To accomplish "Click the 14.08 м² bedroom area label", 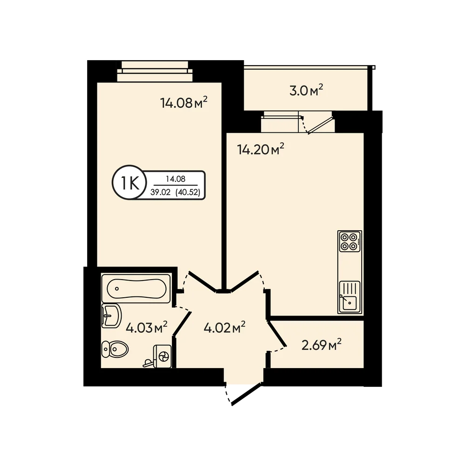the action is tap(184, 103).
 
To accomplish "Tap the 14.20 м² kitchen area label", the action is tap(260, 149).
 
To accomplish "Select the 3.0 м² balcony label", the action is tap(306, 90).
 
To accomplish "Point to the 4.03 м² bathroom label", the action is tap(146, 328).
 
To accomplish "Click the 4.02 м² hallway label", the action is tap(225, 328).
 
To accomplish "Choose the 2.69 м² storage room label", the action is tap(321, 345).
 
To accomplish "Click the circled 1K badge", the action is tap(129, 183).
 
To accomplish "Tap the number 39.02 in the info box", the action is tap(160, 192).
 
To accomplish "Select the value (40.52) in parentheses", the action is tap(188, 192).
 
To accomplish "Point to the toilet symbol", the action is tap(115, 349).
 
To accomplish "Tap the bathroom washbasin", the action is tap(111, 315).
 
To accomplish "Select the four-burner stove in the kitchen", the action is tap(349, 241).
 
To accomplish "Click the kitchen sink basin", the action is tap(349, 302).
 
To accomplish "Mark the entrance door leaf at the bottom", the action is tap(247, 394).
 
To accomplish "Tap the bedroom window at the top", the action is tap(155, 71).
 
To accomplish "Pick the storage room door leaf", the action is tap(277, 334).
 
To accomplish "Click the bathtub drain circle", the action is tap(117, 288).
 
